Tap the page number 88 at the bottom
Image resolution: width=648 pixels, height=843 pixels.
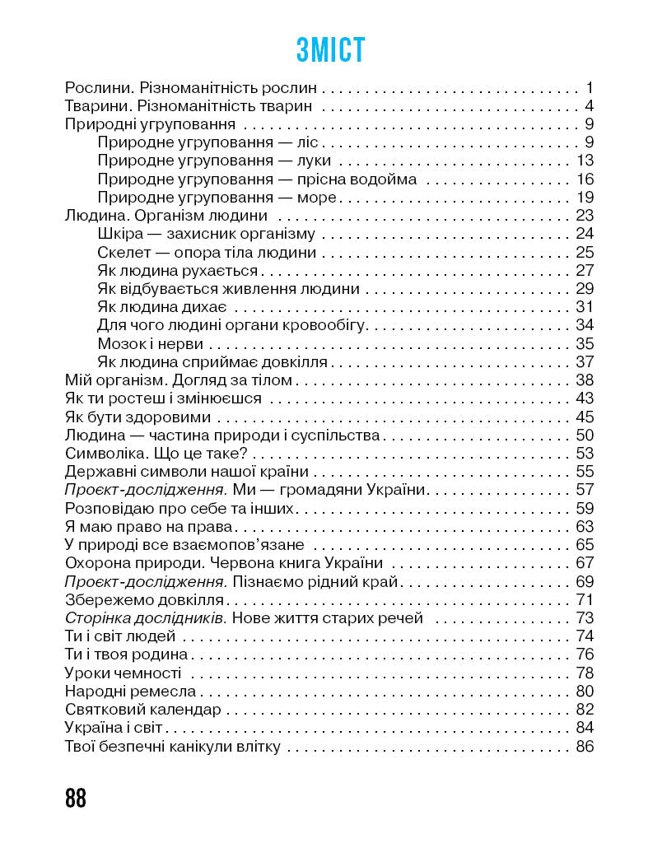point(75,798)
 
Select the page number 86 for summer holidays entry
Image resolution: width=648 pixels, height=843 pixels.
point(585,748)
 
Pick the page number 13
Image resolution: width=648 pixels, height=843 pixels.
point(585,161)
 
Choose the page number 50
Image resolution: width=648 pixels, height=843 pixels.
point(585,435)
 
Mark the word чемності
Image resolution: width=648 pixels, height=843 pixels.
point(147,673)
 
